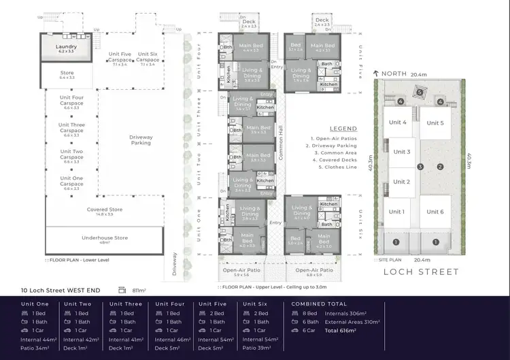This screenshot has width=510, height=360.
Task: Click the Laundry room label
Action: [66, 47]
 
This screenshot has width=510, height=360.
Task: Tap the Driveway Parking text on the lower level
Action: [140, 140]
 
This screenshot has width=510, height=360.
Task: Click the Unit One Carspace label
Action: [71, 181]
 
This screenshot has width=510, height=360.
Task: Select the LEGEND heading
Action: [343, 128]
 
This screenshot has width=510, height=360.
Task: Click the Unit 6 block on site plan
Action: [435, 212]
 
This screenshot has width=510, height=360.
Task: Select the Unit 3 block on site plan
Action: [401, 152]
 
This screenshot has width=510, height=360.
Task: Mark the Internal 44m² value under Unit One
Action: [38, 339]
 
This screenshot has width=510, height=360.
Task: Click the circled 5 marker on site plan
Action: [420, 93]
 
